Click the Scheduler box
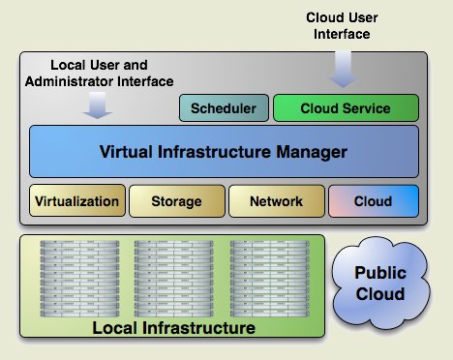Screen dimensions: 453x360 coord(224,108)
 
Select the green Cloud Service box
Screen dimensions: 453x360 coord(346,108)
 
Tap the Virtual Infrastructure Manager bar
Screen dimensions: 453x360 coord(224,152)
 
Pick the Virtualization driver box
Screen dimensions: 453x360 coord(77,200)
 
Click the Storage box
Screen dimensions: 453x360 coord(177,200)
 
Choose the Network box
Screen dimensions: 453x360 coord(277,200)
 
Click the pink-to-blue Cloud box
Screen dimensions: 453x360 coord(374,200)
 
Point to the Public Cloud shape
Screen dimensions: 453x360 coord(380,284)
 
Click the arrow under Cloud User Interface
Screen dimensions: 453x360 coord(343,70)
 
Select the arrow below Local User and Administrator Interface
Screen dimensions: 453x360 coord(98,105)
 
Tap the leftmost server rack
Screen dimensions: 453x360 coord(79,279)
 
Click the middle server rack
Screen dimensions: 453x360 coord(174,279)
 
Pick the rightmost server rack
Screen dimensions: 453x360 coord(270,279)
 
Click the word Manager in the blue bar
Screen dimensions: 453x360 coord(312,152)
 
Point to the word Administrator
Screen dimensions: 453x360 coord(69,81)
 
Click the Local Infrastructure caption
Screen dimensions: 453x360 coord(173,328)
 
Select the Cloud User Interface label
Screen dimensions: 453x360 coord(342,26)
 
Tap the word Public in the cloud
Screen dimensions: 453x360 coord(380,273)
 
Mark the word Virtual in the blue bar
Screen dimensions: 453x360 coord(126,152)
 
